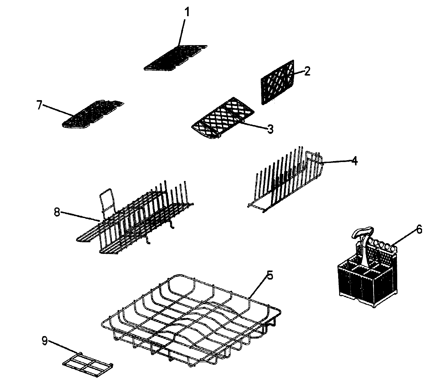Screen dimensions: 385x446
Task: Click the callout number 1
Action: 187,13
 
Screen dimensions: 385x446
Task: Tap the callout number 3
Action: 270,128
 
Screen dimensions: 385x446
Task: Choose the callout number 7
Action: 39,105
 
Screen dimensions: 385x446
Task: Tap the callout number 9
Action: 45,341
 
